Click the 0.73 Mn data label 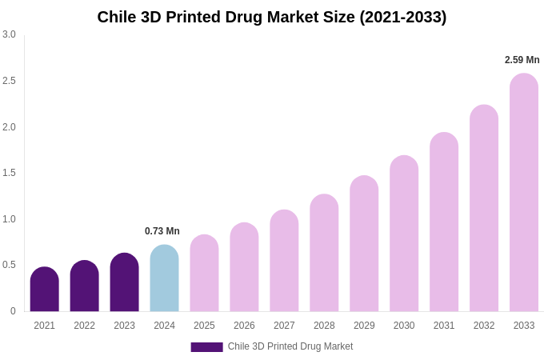pos(162,231)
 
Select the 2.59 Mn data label pos(522,60)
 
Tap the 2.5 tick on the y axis pos(9,81)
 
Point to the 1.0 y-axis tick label pos(9,219)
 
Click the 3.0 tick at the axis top pos(9,34)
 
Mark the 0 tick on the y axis pos(13,311)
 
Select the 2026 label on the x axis pos(244,326)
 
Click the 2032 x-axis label pos(484,326)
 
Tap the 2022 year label pos(84,326)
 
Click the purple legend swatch pos(206,347)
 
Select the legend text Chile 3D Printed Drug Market pos(290,346)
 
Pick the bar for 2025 pos(204,274)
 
